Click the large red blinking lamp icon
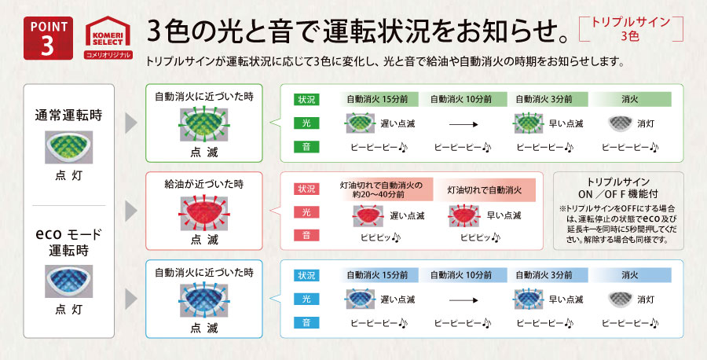tap(203, 211)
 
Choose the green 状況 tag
tap(305, 100)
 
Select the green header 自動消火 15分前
tap(377, 100)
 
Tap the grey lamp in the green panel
tap(621, 123)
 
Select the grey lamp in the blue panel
tap(621, 299)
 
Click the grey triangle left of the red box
tap(130, 211)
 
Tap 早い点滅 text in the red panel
tap(496, 215)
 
